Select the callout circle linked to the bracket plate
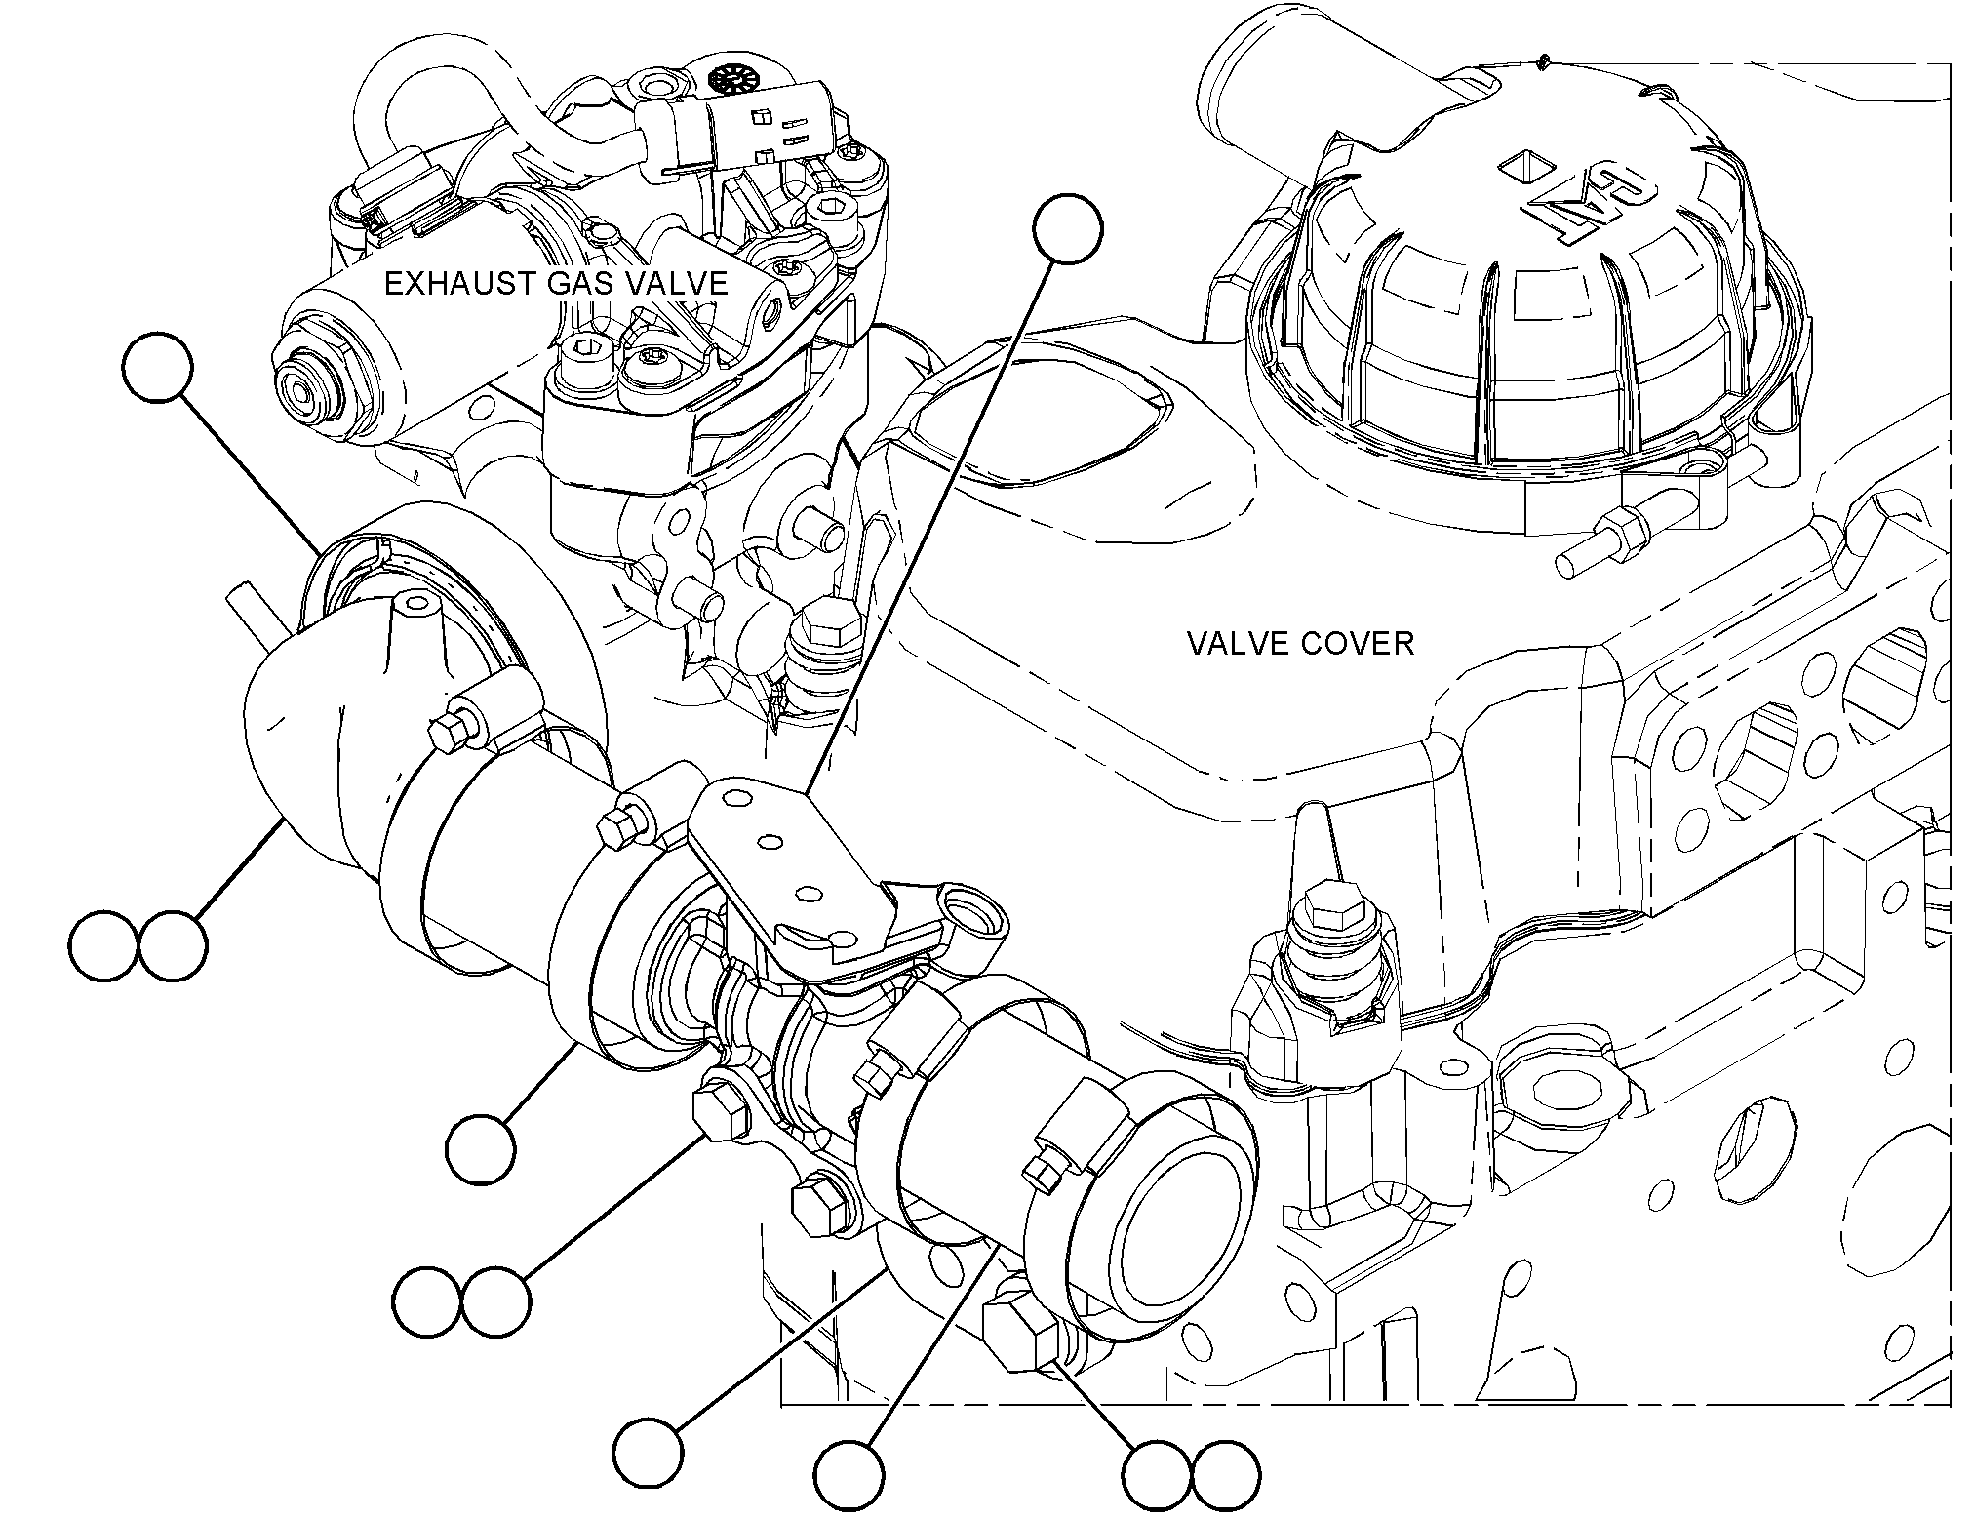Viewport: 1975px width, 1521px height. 1068,228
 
